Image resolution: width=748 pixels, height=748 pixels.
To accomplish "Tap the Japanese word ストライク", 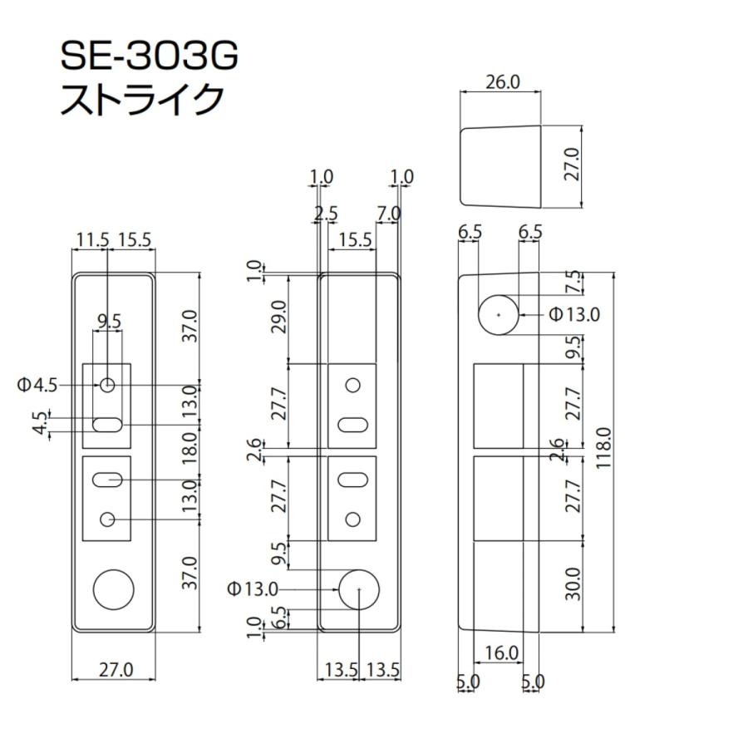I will [x=142, y=100].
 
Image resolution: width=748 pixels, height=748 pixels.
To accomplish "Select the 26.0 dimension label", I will [x=501, y=82].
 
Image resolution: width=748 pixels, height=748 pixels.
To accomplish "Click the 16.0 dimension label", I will [x=501, y=654].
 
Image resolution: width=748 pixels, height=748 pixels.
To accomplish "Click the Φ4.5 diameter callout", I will [x=37, y=385].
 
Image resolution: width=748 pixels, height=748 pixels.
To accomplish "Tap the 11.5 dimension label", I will [x=91, y=240].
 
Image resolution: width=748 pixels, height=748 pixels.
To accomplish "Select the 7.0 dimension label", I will [x=387, y=214].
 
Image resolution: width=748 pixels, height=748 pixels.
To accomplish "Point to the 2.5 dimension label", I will [x=326, y=214].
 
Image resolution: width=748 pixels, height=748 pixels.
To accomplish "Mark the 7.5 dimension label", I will [x=572, y=283].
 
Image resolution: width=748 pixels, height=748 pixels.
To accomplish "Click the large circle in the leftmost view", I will [x=113, y=590].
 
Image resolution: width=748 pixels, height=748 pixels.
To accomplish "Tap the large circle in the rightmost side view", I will [x=498, y=315].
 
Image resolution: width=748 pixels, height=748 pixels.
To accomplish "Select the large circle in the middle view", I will [x=358, y=588].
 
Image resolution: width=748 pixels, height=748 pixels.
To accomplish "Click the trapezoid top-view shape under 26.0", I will [x=501, y=165].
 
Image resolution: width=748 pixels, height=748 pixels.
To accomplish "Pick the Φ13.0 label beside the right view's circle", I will [x=574, y=315].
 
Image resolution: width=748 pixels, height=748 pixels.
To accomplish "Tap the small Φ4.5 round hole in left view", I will [x=107, y=385].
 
